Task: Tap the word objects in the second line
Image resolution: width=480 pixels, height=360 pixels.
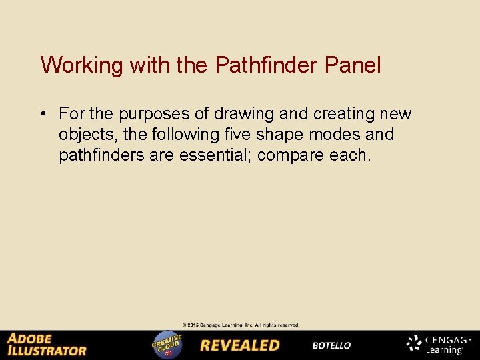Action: [x=84, y=135]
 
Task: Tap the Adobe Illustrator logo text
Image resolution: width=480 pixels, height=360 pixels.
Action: [x=47, y=345]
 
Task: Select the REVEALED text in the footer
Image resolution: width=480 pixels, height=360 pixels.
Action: [x=240, y=345]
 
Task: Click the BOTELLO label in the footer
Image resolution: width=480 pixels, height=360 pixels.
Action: [x=331, y=345]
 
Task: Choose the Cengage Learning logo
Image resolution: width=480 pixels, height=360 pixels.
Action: [x=440, y=344]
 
